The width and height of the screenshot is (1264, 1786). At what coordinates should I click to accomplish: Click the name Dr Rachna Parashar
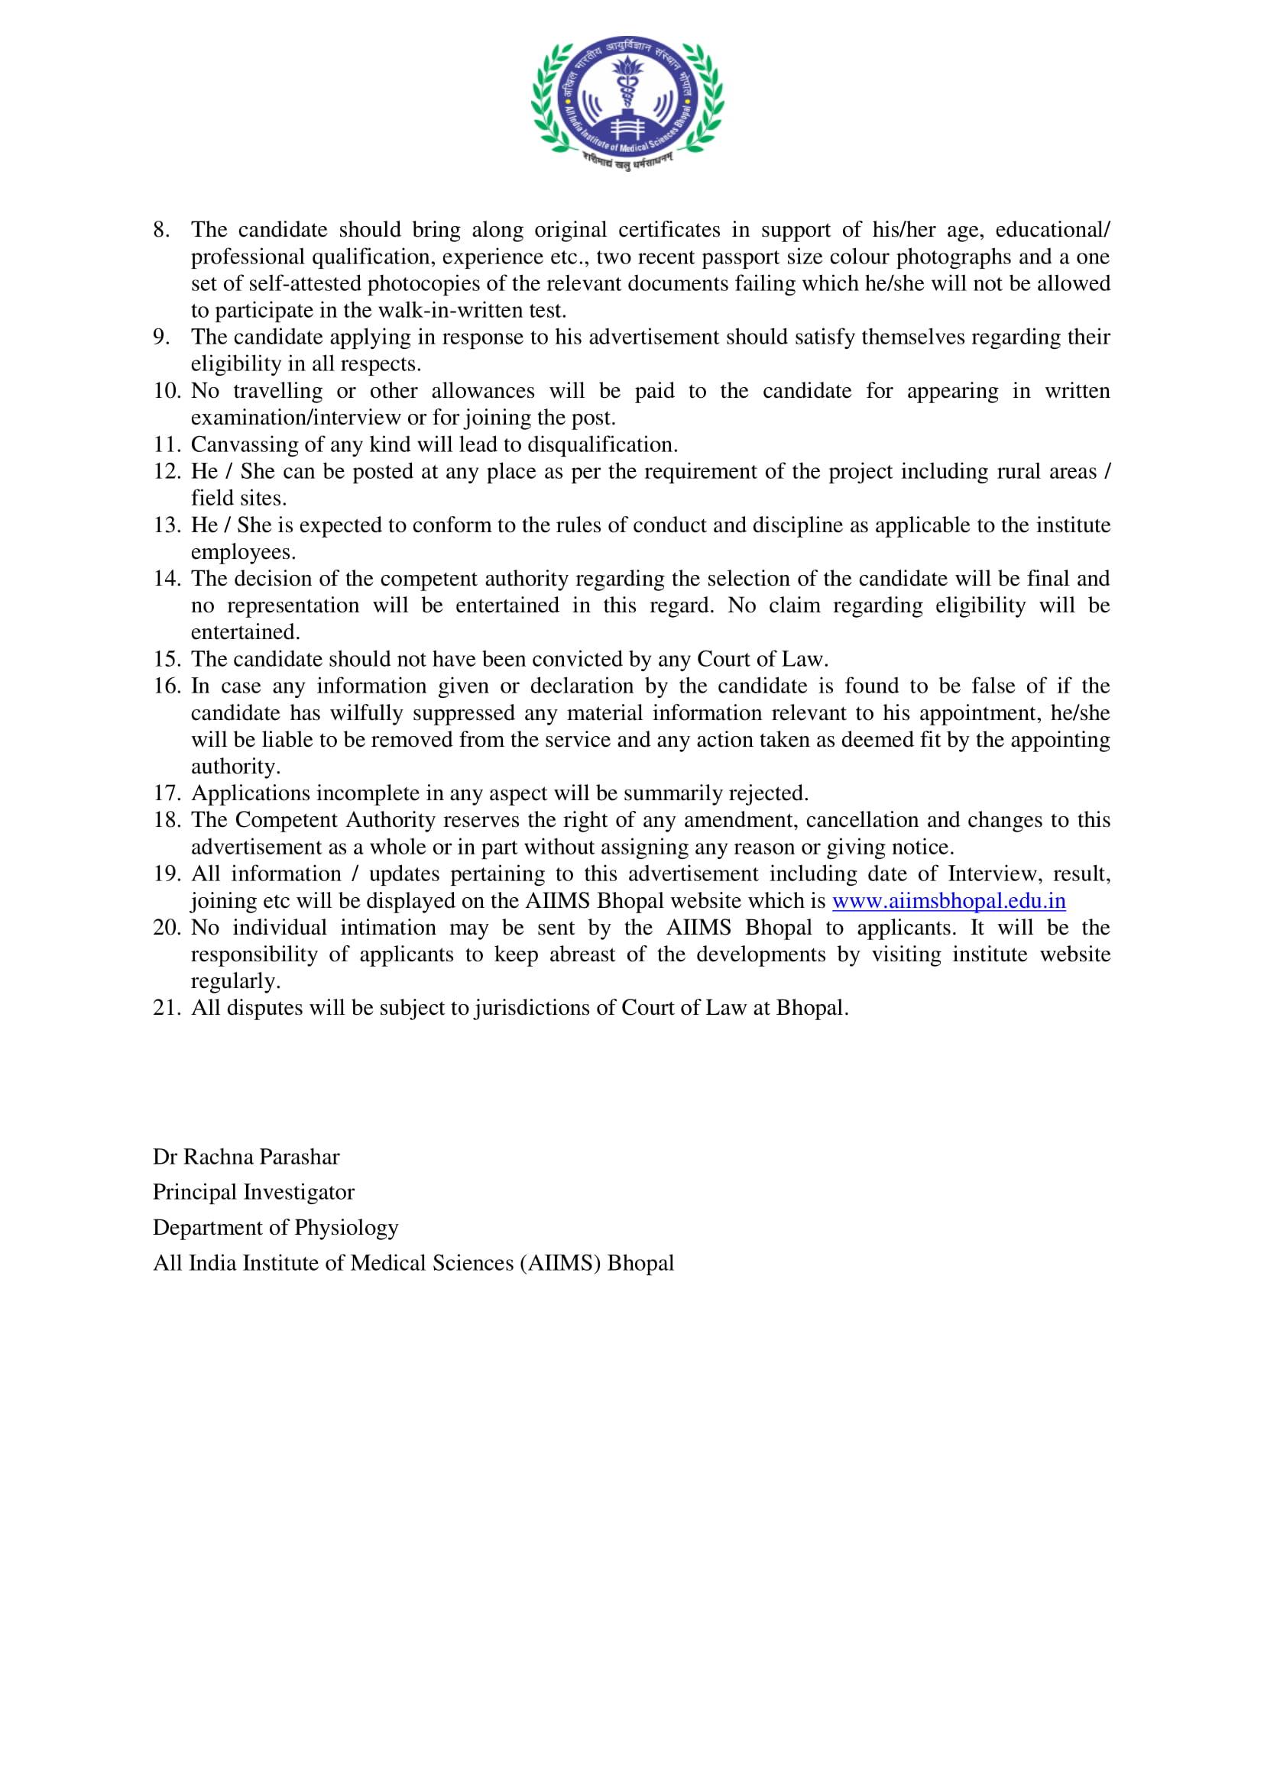point(246,1157)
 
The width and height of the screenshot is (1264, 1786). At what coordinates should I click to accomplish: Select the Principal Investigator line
point(253,1192)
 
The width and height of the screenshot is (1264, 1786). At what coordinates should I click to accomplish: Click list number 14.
point(167,579)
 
